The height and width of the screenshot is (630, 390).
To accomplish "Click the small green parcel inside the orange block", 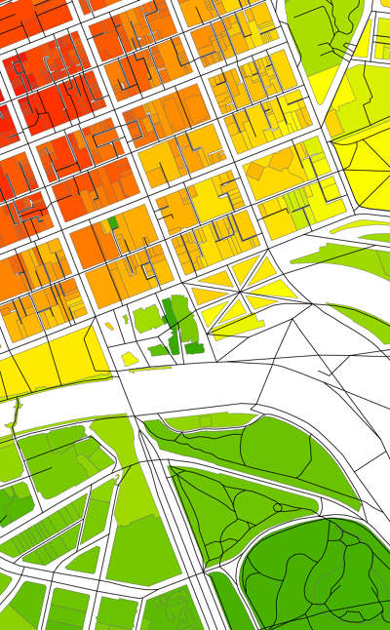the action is [x=113, y=223].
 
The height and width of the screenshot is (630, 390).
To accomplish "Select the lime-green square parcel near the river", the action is [x=147, y=317].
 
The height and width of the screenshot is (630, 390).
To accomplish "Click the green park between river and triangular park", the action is [x=263, y=449].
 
